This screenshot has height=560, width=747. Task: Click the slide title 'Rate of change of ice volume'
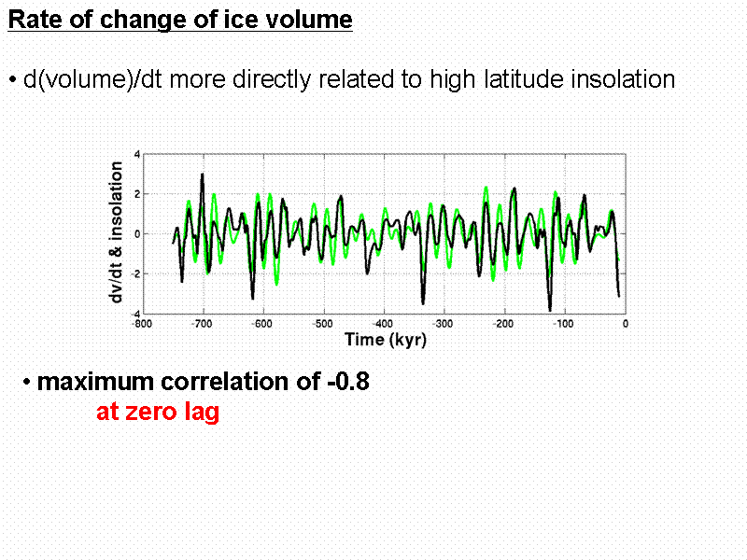point(180,21)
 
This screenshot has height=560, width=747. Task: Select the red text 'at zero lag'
point(158,412)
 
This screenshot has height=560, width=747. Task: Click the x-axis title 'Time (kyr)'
point(386,340)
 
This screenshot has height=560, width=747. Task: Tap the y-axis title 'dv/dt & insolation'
point(118,231)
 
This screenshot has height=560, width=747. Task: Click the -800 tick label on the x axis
point(139,324)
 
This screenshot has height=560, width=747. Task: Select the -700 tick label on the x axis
point(201,324)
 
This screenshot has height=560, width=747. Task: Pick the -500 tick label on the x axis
point(322,324)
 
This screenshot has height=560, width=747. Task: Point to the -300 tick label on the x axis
point(444,324)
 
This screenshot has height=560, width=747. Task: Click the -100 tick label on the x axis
point(564,324)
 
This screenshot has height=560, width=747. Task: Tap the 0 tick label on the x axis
point(626,324)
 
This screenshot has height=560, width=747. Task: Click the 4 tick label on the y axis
point(137,154)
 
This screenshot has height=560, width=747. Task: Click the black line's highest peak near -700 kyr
point(202,175)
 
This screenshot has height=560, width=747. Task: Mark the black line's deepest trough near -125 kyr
point(550,309)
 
